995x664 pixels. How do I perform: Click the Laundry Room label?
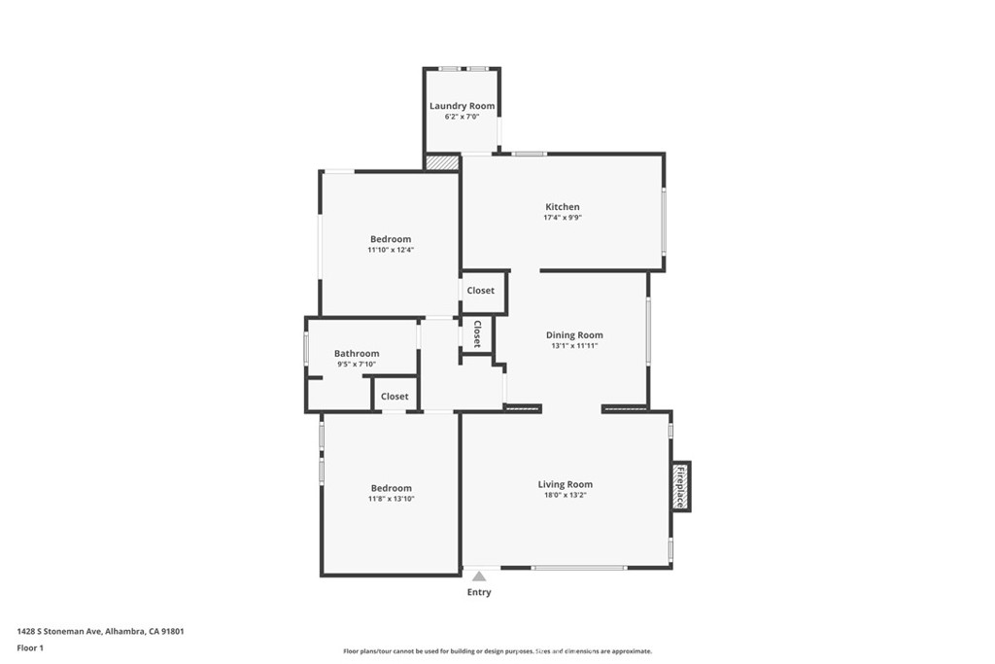[462, 106]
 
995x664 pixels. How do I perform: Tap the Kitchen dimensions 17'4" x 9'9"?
[562, 218]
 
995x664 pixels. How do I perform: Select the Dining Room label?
[574, 334]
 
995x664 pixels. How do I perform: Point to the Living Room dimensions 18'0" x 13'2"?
[565, 495]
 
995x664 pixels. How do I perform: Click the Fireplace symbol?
[680, 486]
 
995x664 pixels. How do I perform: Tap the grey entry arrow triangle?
[479, 577]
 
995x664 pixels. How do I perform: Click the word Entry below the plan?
[479, 592]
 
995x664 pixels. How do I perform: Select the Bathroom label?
[357, 354]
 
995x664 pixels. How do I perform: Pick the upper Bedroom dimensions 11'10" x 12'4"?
[390, 250]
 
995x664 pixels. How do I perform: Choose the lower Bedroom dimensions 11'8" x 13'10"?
[391, 499]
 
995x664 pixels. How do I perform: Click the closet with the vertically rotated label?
[477, 335]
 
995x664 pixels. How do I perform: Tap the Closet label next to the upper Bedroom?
[480, 291]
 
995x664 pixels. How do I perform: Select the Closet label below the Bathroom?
[395, 397]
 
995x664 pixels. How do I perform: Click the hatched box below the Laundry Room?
[442, 162]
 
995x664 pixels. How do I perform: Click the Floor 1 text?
[30, 647]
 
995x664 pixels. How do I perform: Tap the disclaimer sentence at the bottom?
[497, 651]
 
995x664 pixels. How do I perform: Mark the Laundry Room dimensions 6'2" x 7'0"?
[462, 117]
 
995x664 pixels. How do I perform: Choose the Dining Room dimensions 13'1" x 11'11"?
[574, 345]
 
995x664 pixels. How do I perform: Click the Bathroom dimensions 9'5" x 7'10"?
[357, 365]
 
